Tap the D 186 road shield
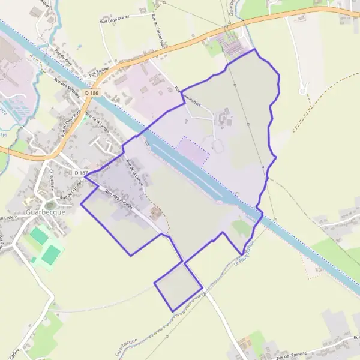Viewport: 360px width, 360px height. click(91, 93)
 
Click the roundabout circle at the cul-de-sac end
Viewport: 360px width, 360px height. click(303, 91)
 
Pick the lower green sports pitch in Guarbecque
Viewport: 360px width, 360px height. click(51, 254)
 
